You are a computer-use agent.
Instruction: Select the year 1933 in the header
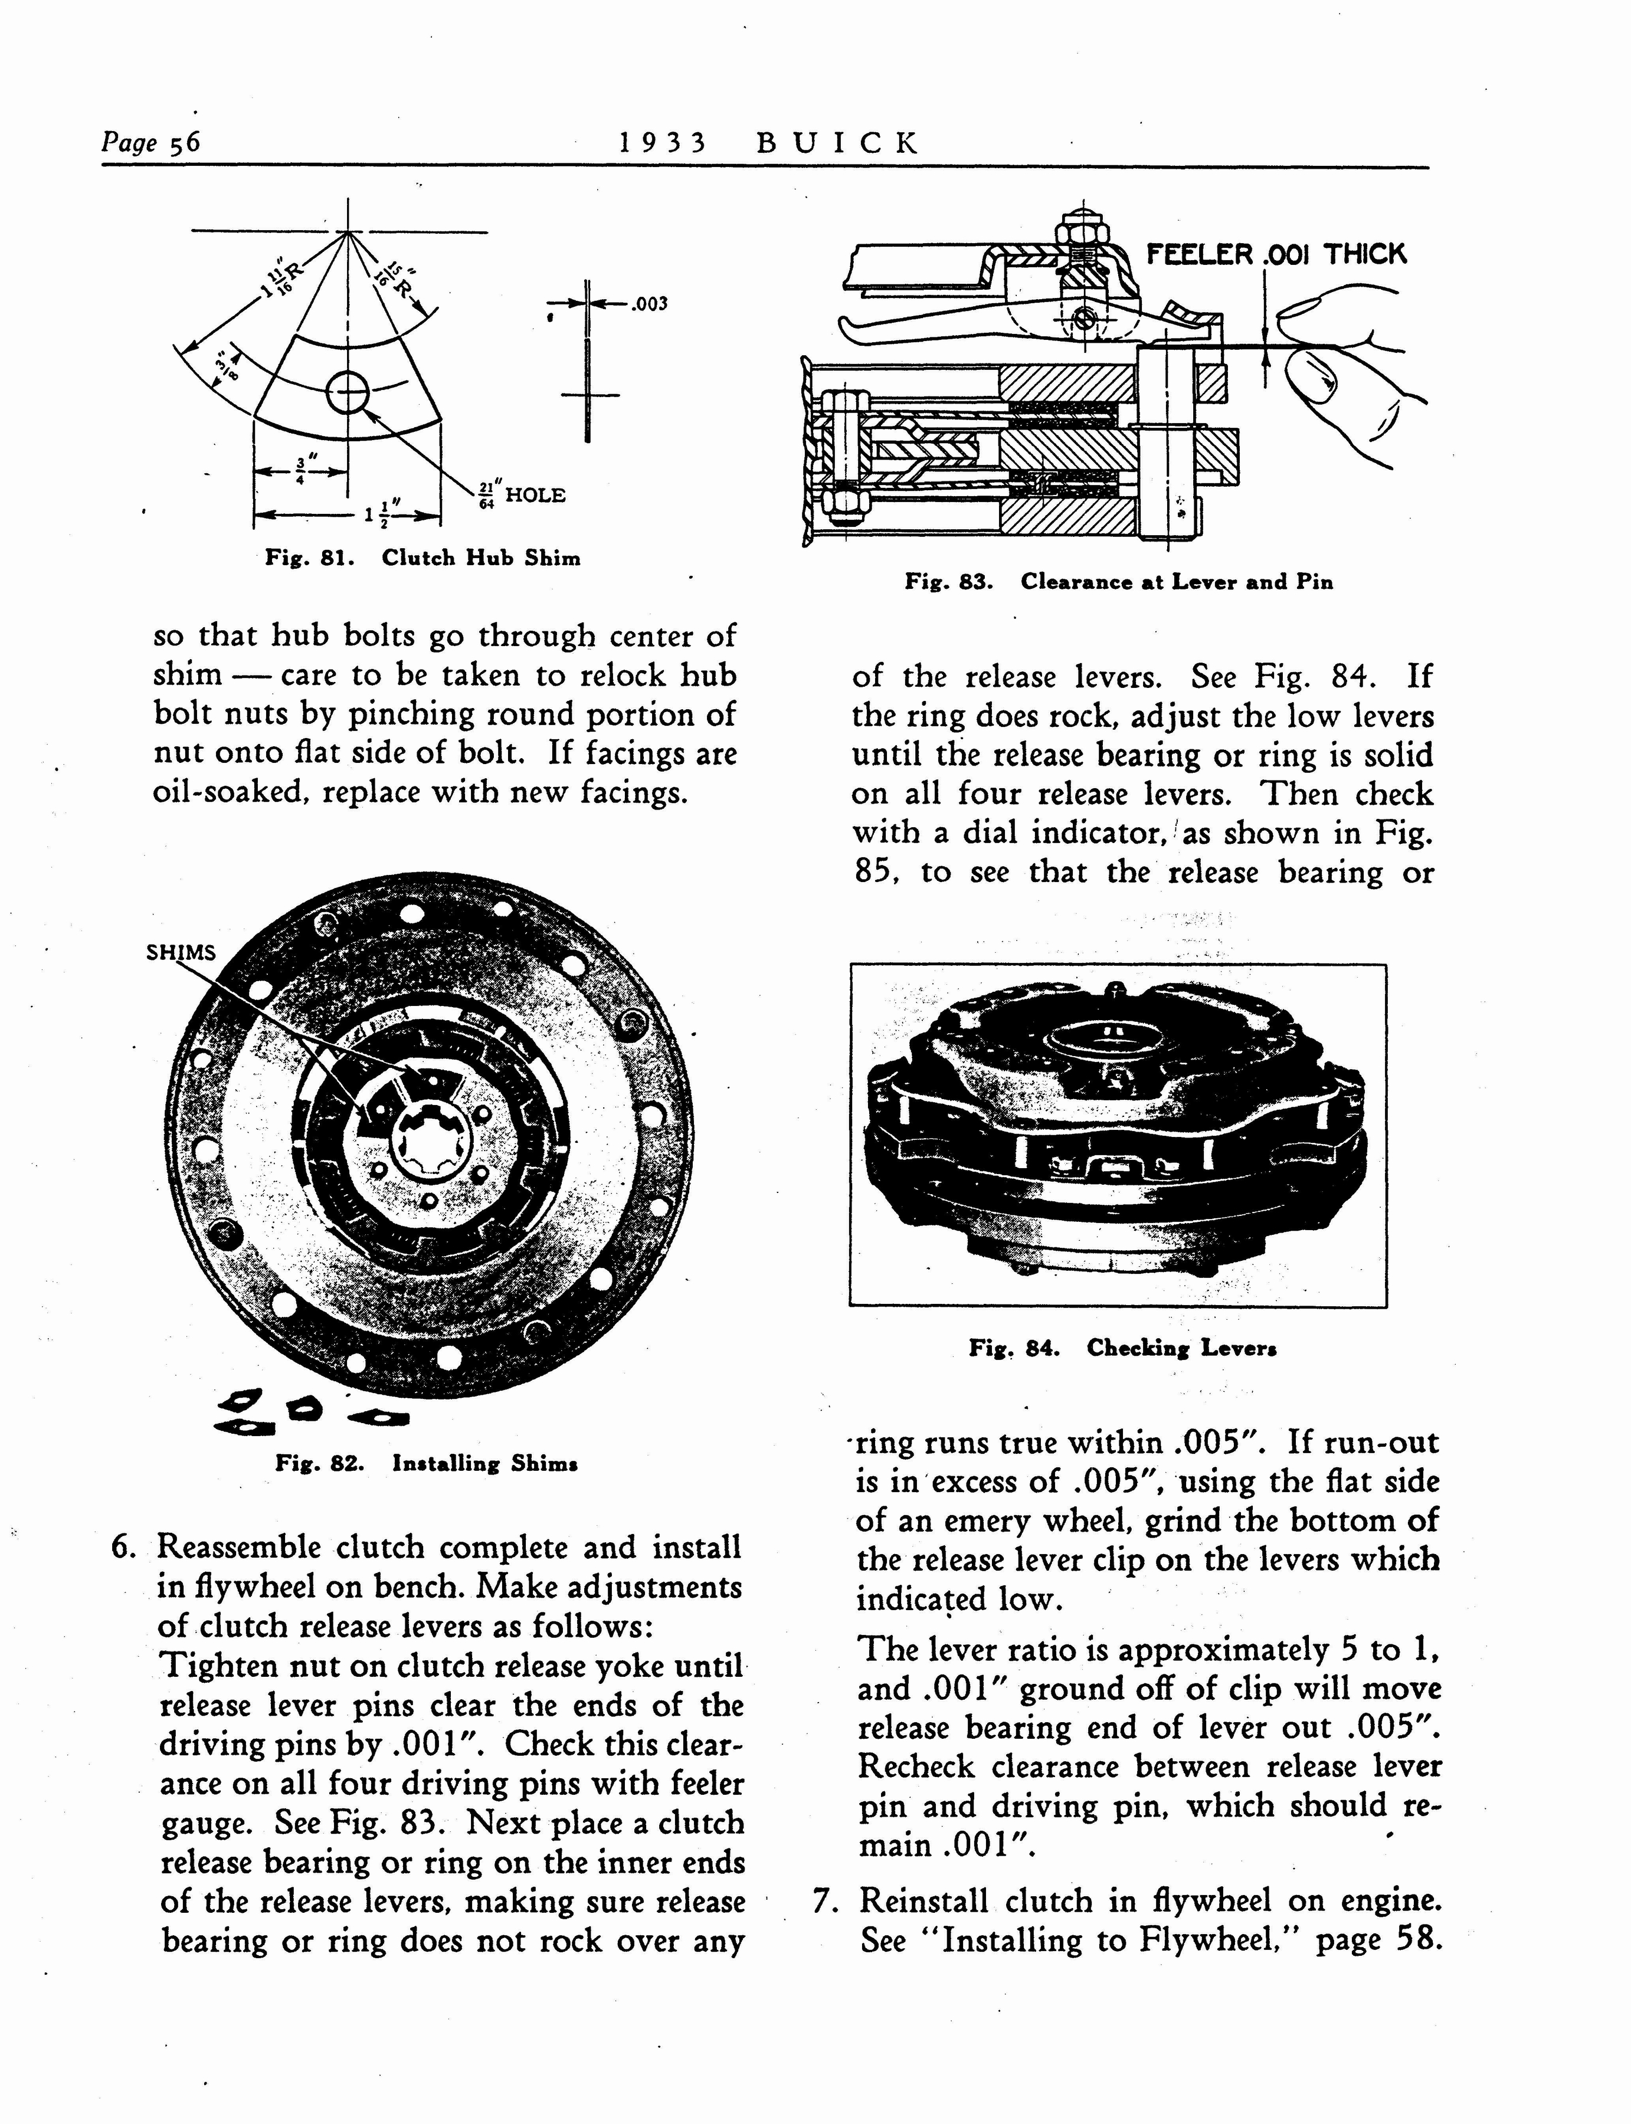[x=664, y=144]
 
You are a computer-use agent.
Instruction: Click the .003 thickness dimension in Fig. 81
[x=649, y=304]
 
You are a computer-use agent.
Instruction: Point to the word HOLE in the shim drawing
[x=535, y=495]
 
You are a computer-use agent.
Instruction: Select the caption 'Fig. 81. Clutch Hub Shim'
[x=423, y=558]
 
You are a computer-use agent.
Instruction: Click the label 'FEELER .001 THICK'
[x=1276, y=254]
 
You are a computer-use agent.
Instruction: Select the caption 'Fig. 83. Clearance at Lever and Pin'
[x=1118, y=582]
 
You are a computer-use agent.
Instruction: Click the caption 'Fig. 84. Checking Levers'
[x=1122, y=1348]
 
